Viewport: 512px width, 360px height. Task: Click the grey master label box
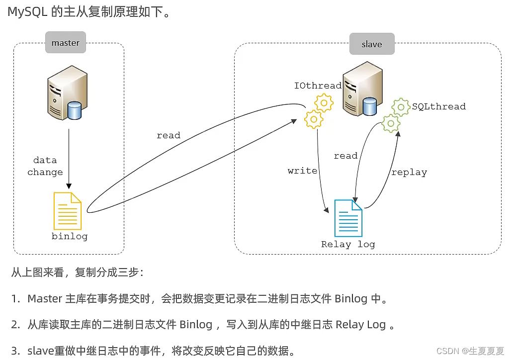tap(65, 43)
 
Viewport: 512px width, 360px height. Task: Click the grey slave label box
tap(371, 44)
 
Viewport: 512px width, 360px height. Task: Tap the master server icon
tap(67, 94)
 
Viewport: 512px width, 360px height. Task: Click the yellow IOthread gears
tap(318, 112)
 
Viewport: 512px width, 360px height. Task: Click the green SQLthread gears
tap(396, 115)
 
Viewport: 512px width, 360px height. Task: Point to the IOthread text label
tap(318, 86)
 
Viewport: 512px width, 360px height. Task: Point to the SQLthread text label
tap(438, 106)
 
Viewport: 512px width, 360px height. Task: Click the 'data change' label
tap(45, 166)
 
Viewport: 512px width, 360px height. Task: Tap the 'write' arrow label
tap(302, 171)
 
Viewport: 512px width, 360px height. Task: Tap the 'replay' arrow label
tap(409, 173)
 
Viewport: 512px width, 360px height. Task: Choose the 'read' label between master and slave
tap(169, 135)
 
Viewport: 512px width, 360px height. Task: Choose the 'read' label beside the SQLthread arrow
tap(345, 156)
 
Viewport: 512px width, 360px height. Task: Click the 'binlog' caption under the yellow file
tap(70, 236)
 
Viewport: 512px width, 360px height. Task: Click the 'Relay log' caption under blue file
tap(348, 244)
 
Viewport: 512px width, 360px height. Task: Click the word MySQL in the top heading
tap(27, 12)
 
